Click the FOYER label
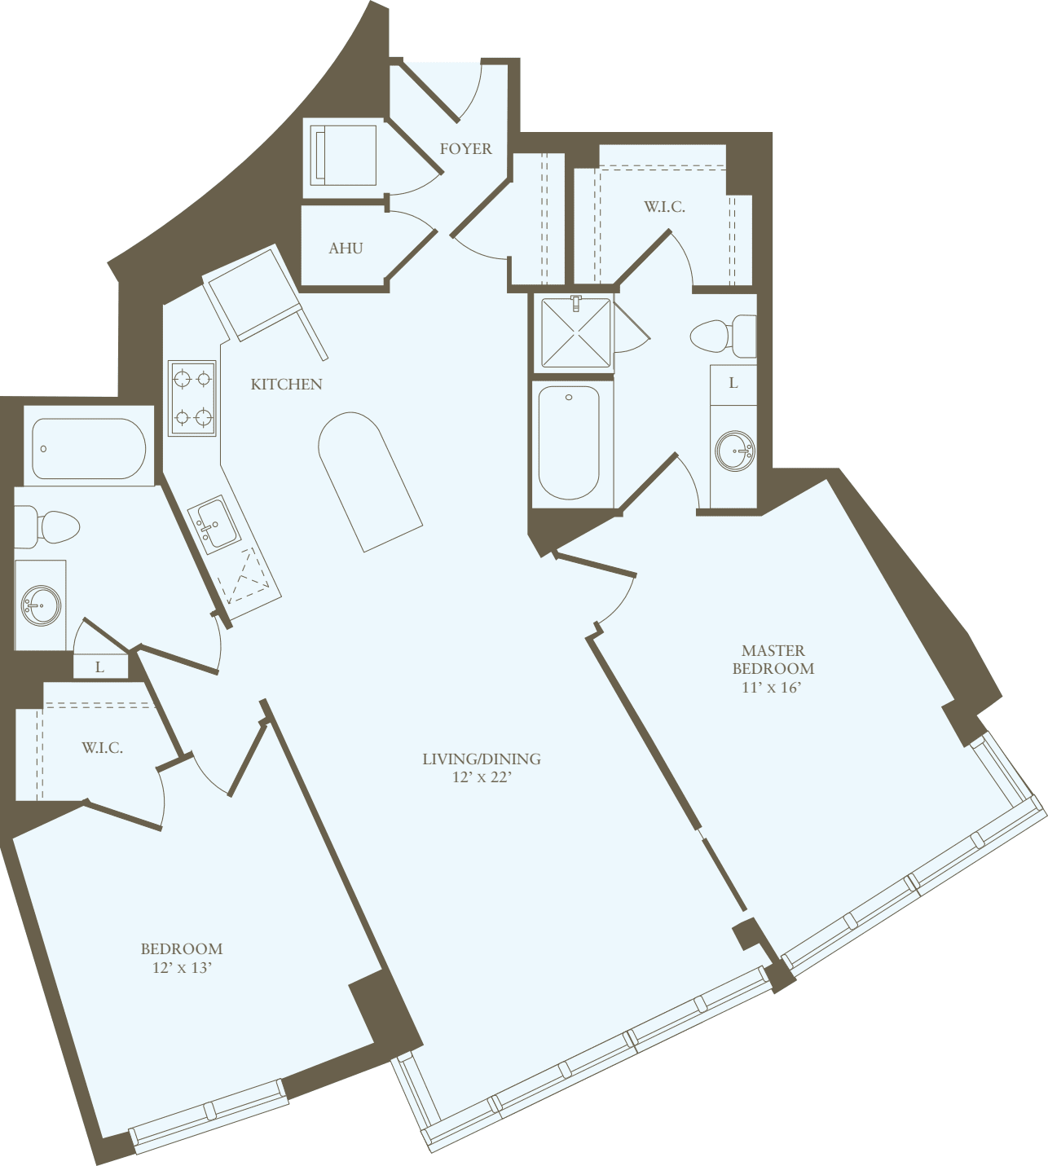(x=465, y=149)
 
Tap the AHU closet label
(x=346, y=249)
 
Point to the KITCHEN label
(x=286, y=385)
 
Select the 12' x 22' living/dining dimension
(x=482, y=777)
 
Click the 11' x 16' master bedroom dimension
(x=772, y=687)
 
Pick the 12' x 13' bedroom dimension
(x=182, y=968)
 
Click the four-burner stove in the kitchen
(x=192, y=398)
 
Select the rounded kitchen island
(x=368, y=481)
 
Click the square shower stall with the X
(x=576, y=332)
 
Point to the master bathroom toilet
(x=721, y=336)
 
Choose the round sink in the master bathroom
(x=734, y=451)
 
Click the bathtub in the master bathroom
(x=569, y=442)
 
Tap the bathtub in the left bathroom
(x=89, y=448)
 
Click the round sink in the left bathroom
(x=39, y=605)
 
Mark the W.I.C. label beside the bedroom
(x=103, y=748)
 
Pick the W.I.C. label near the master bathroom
(x=664, y=207)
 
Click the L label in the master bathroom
(x=733, y=383)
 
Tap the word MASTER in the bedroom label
(x=773, y=650)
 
